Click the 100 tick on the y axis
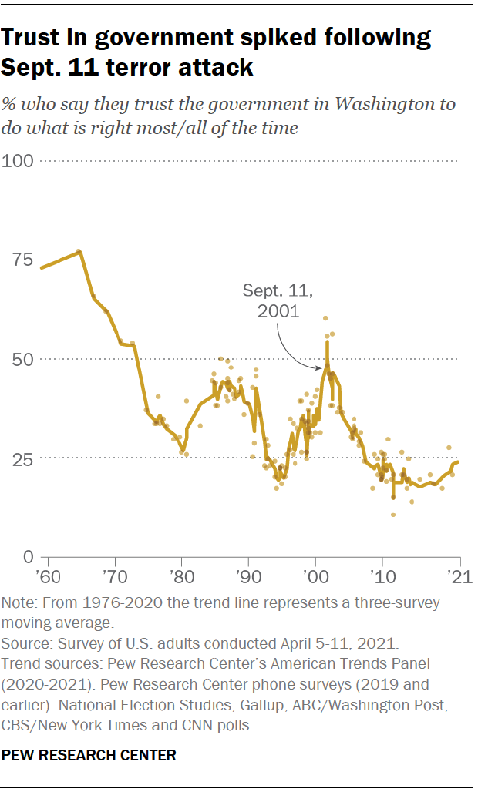[19, 161]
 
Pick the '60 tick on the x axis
[49, 576]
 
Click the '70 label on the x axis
[115, 576]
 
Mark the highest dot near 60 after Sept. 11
[325, 318]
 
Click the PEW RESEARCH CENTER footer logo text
[89, 756]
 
